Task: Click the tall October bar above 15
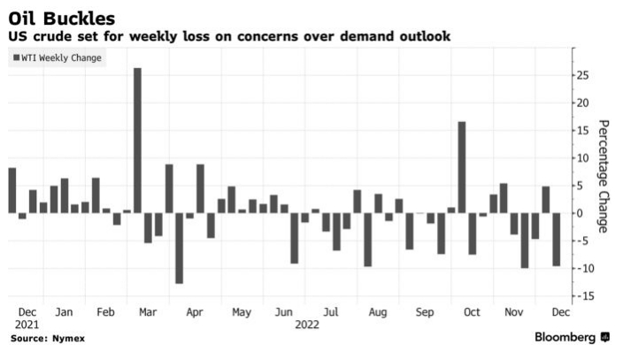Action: tap(462, 167)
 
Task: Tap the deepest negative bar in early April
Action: tap(179, 248)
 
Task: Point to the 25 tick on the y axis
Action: tap(581, 75)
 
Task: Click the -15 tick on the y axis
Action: tap(581, 296)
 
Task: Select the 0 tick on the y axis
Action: tap(578, 213)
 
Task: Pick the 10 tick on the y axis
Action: tap(581, 158)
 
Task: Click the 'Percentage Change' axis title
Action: tap(604, 176)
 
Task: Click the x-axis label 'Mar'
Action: tap(149, 312)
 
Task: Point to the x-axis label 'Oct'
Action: tap(471, 312)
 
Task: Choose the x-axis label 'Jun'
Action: tap(284, 312)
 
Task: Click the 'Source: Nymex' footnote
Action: tap(42, 338)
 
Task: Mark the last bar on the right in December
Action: tap(557, 239)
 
